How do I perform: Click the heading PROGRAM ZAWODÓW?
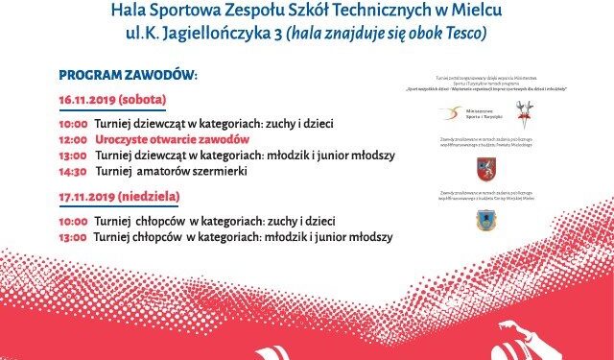point(128,75)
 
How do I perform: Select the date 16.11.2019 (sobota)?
point(111,100)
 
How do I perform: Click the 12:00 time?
point(73,139)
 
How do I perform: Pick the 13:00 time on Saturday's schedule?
point(73,156)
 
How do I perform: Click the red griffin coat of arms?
point(485,170)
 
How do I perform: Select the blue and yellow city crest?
point(485,220)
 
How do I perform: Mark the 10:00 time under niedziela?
point(73,220)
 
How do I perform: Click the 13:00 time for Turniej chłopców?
point(73,236)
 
